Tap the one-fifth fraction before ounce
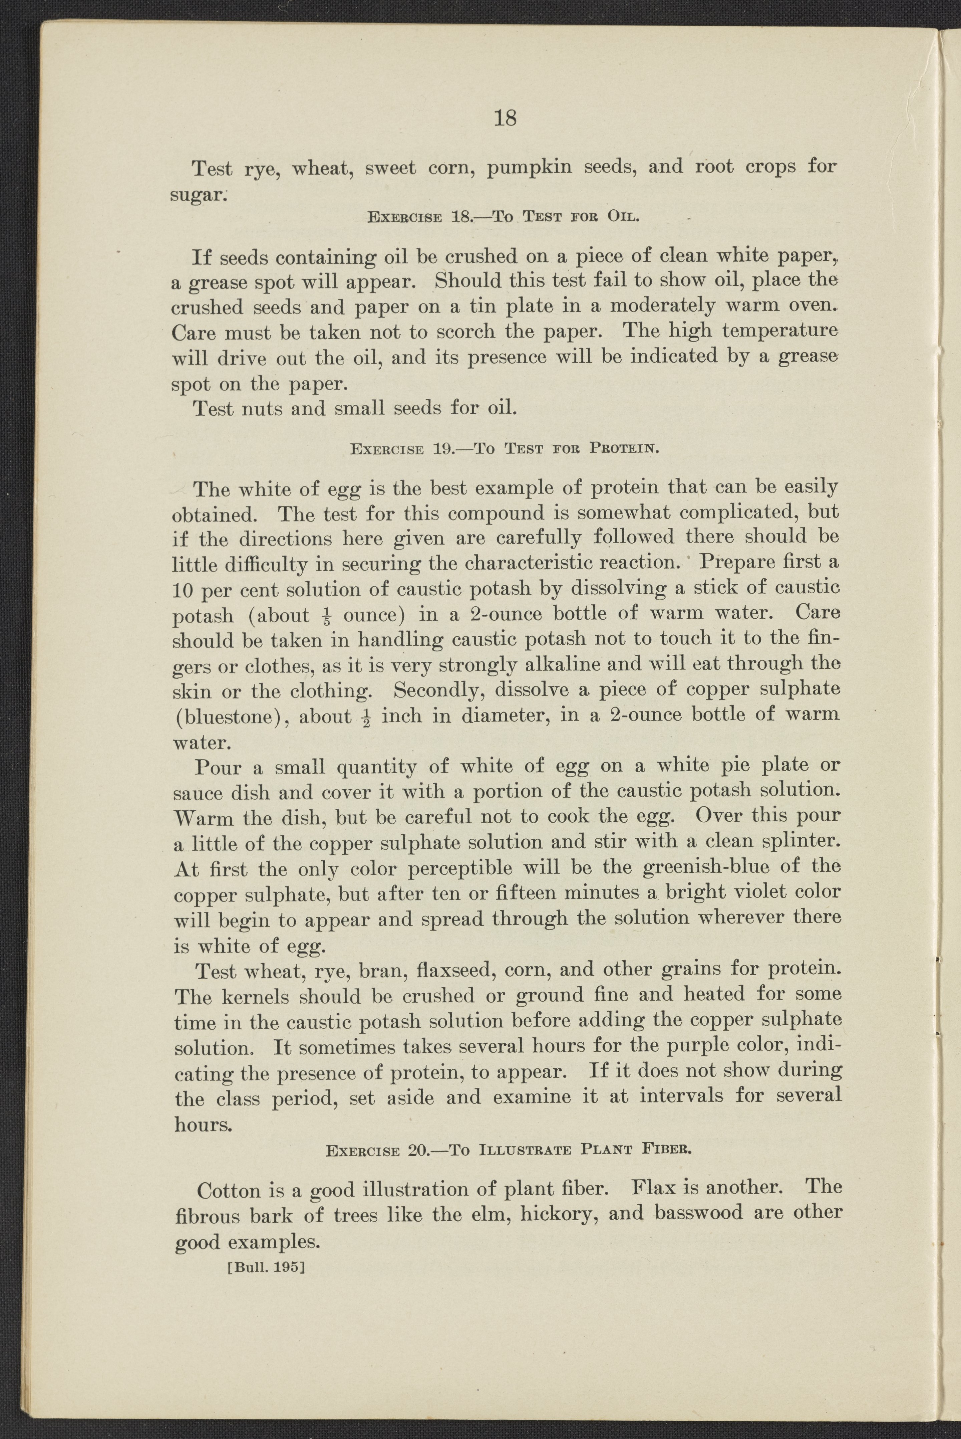[327, 615]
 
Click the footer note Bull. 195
[266, 1265]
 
